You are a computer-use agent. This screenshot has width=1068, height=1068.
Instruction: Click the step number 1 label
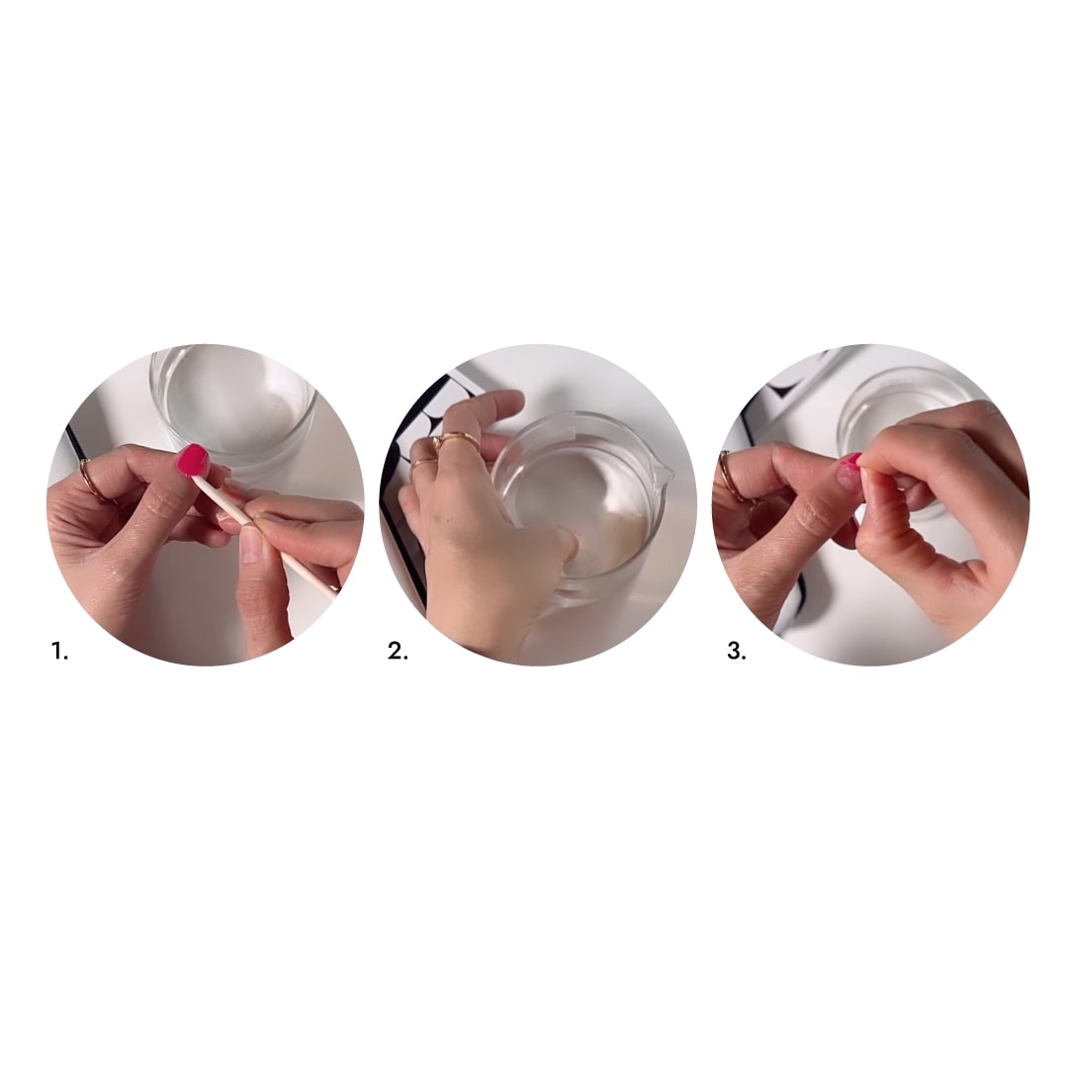(60, 651)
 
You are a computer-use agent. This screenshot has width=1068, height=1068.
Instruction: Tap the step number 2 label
(398, 651)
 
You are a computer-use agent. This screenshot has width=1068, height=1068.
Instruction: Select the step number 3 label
(737, 651)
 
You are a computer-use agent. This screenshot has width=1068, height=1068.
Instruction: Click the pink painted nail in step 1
(193, 460)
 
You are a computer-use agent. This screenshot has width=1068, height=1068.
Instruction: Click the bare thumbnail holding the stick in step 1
(250, 545)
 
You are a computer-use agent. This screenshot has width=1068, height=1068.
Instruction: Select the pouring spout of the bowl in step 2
(665, 471)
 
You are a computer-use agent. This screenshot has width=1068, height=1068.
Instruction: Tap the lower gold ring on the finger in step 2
(423, 463)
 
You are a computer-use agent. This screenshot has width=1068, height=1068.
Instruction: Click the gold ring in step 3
(729, 477)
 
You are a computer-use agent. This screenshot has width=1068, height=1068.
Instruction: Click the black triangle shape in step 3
(783, 391)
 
